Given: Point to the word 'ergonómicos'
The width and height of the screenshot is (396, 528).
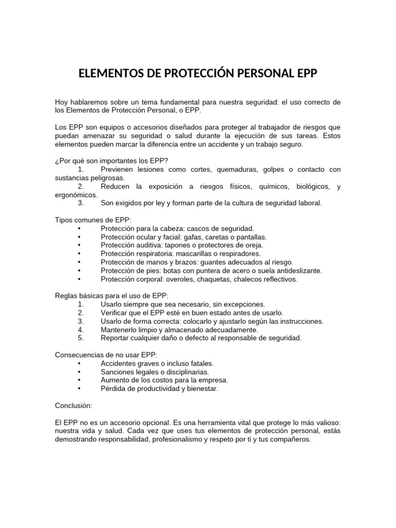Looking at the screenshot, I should click(x=76, y=195).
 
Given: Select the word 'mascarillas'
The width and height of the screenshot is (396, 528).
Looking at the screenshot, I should click(x=194, y=254).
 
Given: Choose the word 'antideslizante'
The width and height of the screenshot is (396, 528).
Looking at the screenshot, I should click(x=297, y=271).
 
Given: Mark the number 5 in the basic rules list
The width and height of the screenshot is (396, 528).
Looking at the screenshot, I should click(x=80, y=338).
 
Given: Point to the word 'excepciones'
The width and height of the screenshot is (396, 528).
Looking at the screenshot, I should click(x=243, y=304).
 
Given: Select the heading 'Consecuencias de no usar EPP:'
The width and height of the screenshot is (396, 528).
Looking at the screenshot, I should click(x=106, y=355).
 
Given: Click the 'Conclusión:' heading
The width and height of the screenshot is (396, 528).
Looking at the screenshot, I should click(x=73, y=405).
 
